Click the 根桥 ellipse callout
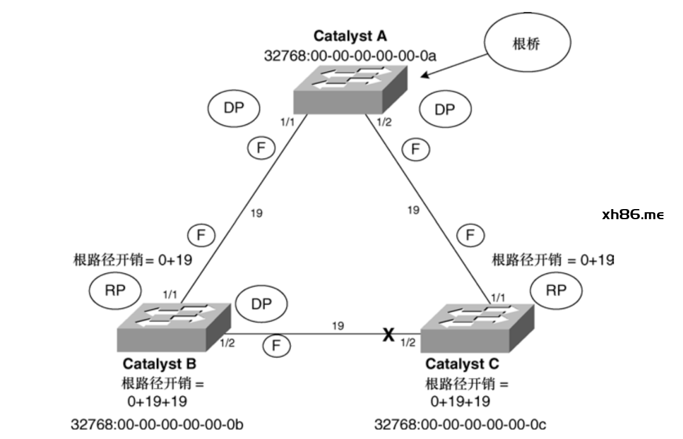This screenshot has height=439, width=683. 527,43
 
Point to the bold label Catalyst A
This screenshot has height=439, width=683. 350,37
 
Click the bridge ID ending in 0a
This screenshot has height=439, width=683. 350,56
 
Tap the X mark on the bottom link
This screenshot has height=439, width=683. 388,335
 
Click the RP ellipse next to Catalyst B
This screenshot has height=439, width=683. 114,291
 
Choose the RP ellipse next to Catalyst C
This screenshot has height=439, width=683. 556,290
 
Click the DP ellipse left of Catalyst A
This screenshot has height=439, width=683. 233,108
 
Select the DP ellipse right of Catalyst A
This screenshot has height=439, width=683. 445,109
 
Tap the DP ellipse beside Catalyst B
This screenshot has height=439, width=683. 261,304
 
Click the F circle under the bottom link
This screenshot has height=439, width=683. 276,346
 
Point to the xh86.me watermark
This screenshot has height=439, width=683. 633,215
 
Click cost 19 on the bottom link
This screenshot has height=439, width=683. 338,326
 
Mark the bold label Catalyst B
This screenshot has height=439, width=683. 159,364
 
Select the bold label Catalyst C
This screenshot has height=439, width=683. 462,364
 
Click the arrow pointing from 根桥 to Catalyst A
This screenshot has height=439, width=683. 454,65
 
